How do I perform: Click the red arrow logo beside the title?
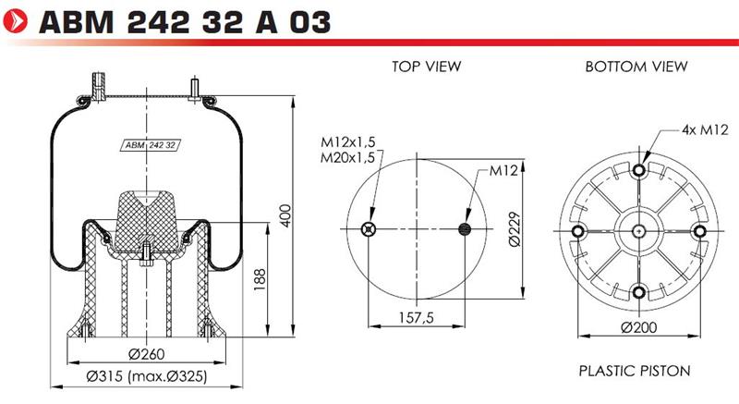[x=15, y=21]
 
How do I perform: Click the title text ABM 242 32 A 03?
[x=186, y=22]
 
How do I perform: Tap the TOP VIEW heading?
[x=426, y=67]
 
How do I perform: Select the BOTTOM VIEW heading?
[x=636, y=67]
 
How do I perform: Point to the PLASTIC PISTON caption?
[x=635, y=371]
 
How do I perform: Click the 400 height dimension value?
[x=285, y=215]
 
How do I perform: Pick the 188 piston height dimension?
[x=260, y=279]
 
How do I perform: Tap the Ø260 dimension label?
[x=147, y=353]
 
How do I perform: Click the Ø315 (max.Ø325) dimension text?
[x=147, y=376]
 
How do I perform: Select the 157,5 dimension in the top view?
[x=417, y=317]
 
